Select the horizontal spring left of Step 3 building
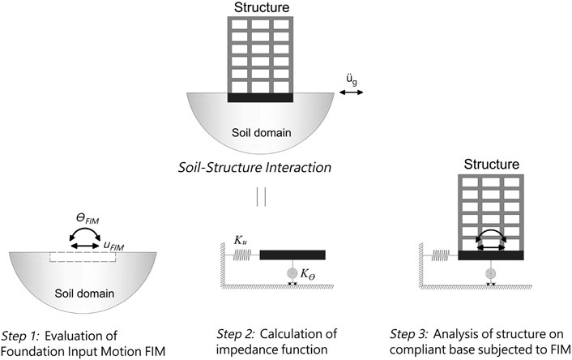tap(439, 255)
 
